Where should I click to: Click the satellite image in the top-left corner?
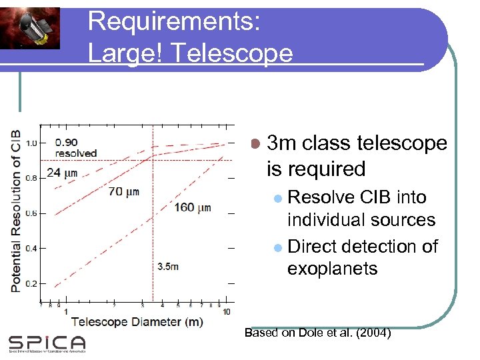[30, 28]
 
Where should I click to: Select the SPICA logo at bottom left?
[47, 343]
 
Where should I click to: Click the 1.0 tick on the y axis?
[31, 143]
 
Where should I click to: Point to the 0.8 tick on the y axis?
[31, 178]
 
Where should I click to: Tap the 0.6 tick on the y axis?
[31, 213]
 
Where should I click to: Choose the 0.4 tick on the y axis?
[31, 249]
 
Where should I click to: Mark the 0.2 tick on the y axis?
[31, 284]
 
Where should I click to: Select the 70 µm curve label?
[123, 192]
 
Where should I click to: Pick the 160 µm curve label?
[193, 208]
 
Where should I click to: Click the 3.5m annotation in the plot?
[168, 267]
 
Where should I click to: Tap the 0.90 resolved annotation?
[75, 147]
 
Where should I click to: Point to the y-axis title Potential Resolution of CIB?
[15, 211]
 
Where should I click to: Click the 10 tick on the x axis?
[227, 312]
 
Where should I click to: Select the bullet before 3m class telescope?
[255, 143]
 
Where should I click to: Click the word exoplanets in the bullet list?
[332, 269]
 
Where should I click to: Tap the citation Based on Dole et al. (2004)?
[318, 333]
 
